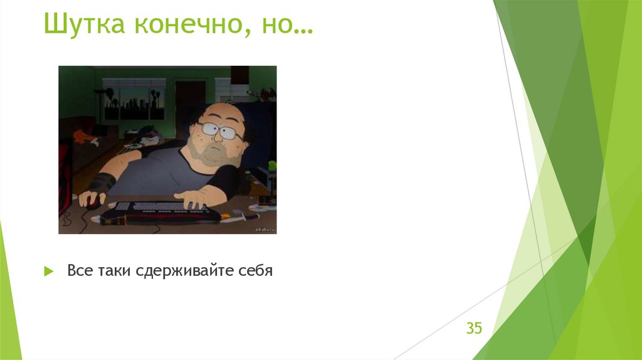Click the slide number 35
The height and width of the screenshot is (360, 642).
point(474,327)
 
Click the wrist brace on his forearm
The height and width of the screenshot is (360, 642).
point(102,183)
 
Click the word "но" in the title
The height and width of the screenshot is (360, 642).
point(275,24)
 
